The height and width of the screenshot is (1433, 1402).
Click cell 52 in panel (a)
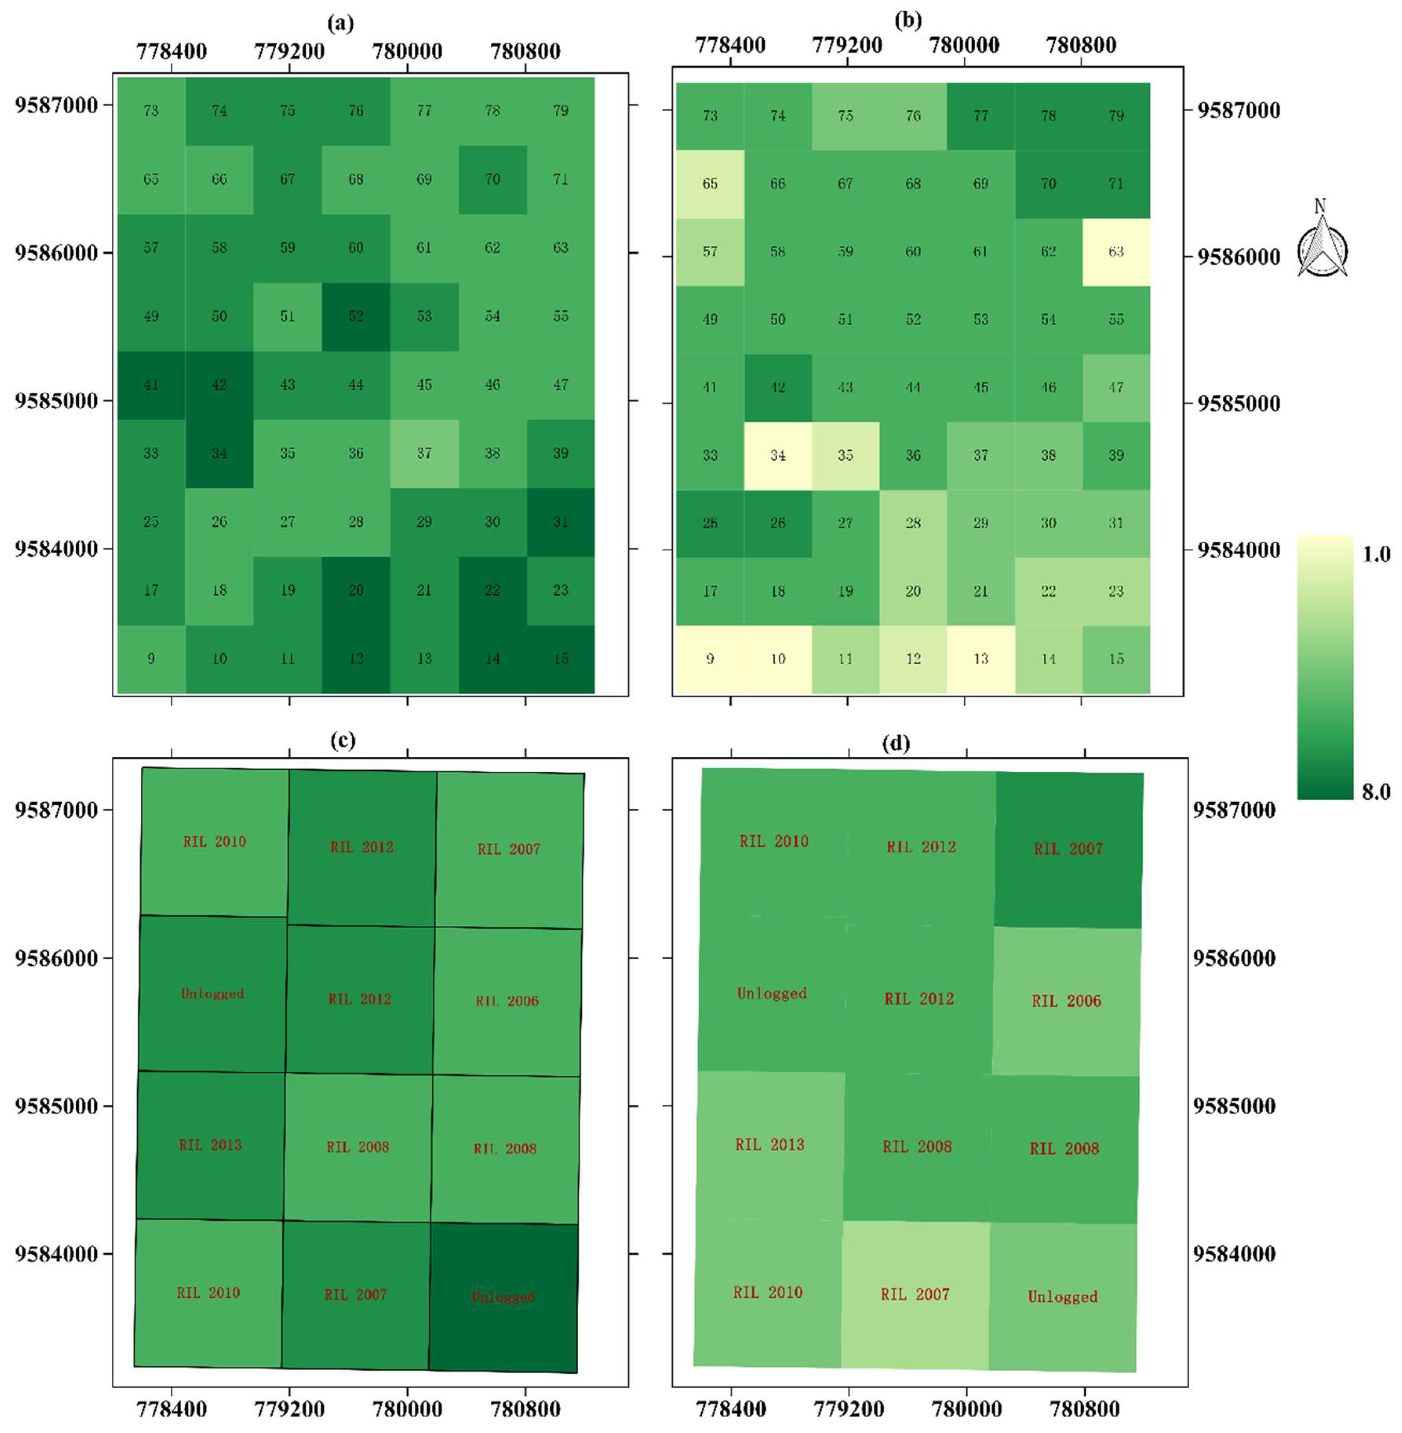tap(356, 316)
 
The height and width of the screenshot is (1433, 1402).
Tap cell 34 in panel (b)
tap(777, 455)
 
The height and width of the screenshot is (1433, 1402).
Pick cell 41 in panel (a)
tap(151, 384)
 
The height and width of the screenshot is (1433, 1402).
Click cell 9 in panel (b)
tap(710, 658)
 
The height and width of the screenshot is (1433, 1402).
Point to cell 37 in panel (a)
tap(424, 453)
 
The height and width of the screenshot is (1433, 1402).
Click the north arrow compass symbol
tap(1322, 243)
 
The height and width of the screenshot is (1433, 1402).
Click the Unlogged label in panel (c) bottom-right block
tap(504, 1297)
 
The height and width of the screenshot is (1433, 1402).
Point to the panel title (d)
tap(896, 744)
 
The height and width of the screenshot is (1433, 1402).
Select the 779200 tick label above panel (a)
tap(290, 51)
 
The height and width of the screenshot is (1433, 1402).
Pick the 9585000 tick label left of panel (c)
tap(56, 1106)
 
